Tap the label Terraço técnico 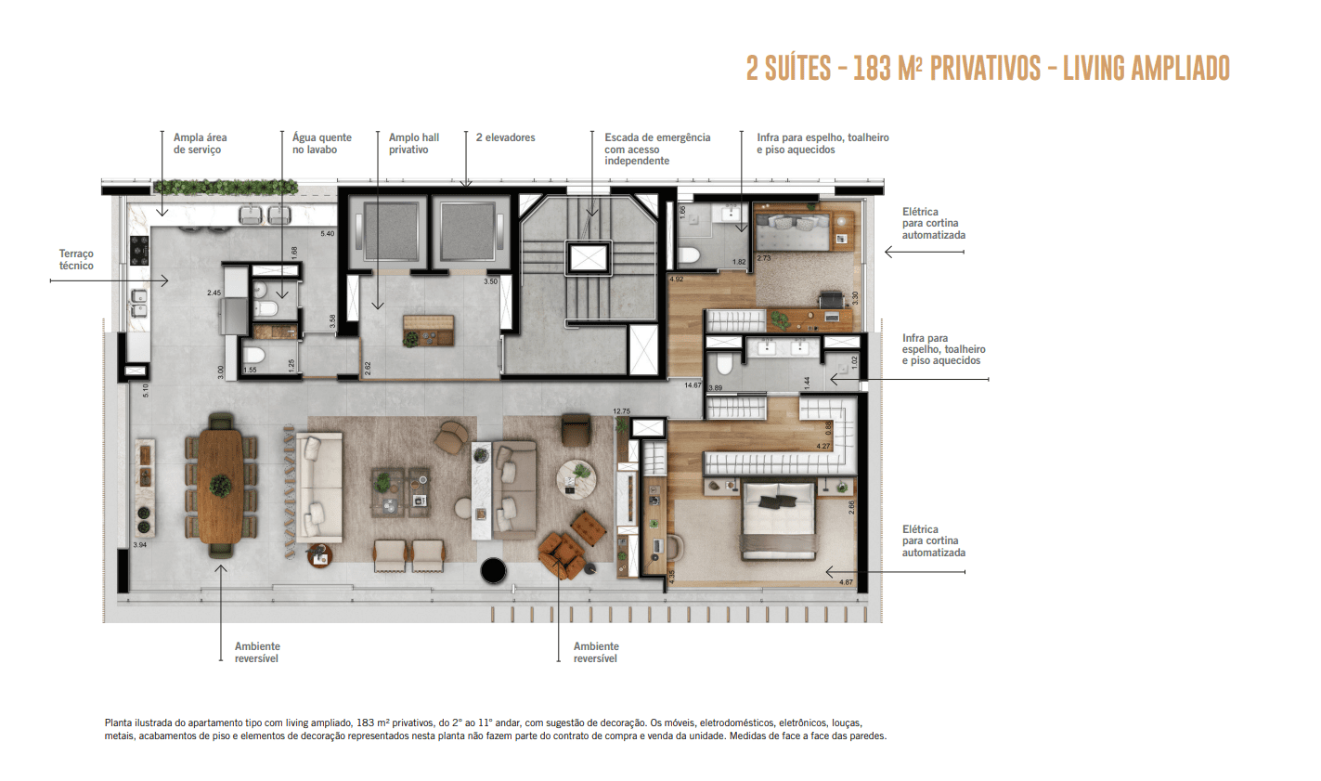[76, 259]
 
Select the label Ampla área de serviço [200, 143]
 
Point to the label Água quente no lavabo [321, 143]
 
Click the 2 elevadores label [505, 137]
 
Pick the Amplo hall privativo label [413, 143]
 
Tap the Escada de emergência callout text [656, 149]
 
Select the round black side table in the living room [494, 570]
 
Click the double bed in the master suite [778, 523]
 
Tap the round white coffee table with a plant [576, 478]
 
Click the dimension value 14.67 [693, 384]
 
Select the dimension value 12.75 [621, 411]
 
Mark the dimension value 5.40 [327, 233]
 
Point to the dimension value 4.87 [846, 582]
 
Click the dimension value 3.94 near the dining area [140, 545]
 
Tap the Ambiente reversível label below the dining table [257, 652]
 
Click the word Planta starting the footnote [119, 722]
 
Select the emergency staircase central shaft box [589, 257]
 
